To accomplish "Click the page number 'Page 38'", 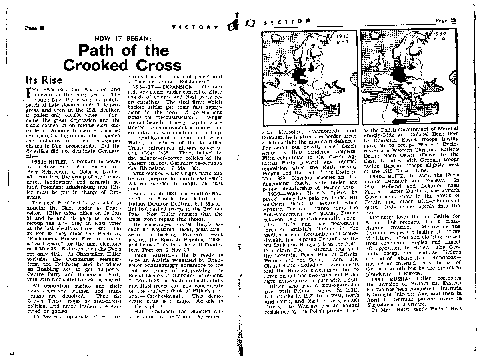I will (34, 28).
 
